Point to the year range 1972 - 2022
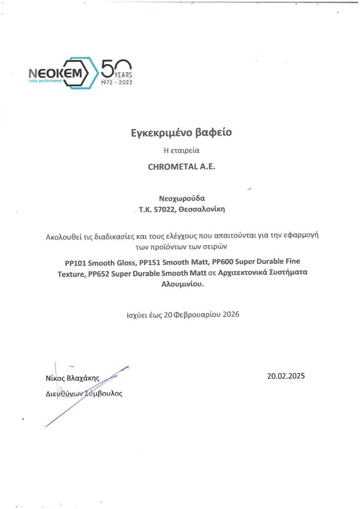[117, 82]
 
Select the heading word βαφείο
[215, 133]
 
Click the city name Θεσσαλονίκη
[202, 210]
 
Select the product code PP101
[75, 261]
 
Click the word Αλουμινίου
[181, 285]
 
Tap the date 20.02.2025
[286, 376]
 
